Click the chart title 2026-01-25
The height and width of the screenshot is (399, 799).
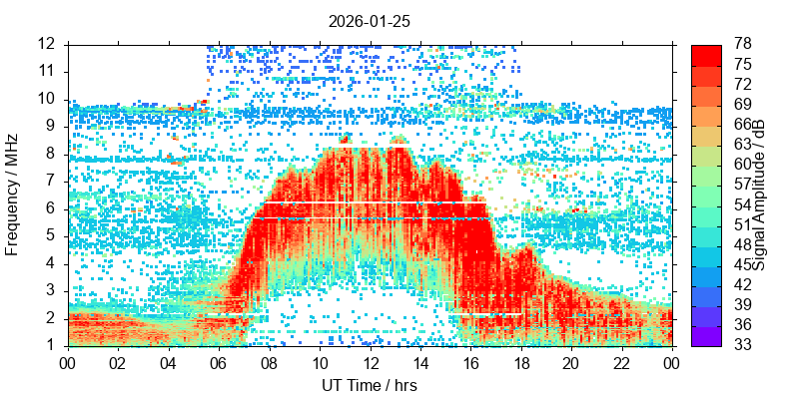click(370, 20)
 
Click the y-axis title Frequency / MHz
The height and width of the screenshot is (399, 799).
click(13, 195)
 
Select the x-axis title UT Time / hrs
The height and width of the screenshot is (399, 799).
click(370, 385)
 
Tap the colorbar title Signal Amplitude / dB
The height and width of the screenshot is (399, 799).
click(759, 195)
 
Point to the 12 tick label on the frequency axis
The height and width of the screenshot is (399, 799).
click(47, 44)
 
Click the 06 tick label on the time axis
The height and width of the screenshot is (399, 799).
click(219, 363)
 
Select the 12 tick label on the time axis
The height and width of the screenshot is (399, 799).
click(370, 363)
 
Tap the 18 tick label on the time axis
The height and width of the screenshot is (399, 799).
click(520, 363)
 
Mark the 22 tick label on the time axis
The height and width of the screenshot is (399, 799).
click(621, 363)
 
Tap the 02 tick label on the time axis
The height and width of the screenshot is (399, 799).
click(119, 363)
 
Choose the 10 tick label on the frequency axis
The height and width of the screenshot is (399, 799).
click(47, 99)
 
